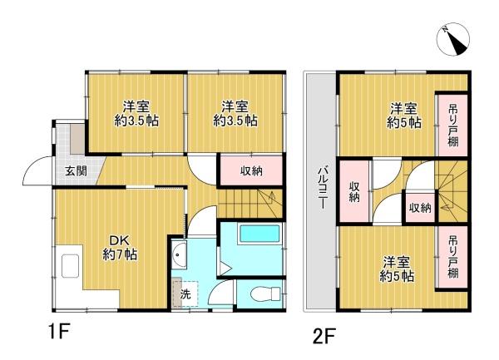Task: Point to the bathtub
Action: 261,234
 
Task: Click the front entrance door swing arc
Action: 37,173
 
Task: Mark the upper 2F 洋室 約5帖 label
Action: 403,115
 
